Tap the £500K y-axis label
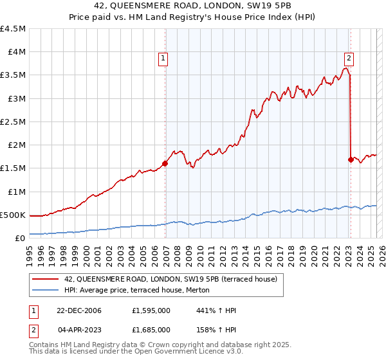[x=13, y=215]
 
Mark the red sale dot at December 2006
[x=165, y=163]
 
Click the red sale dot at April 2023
[x=351, y=159]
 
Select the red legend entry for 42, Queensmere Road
[x=170, y=279]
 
